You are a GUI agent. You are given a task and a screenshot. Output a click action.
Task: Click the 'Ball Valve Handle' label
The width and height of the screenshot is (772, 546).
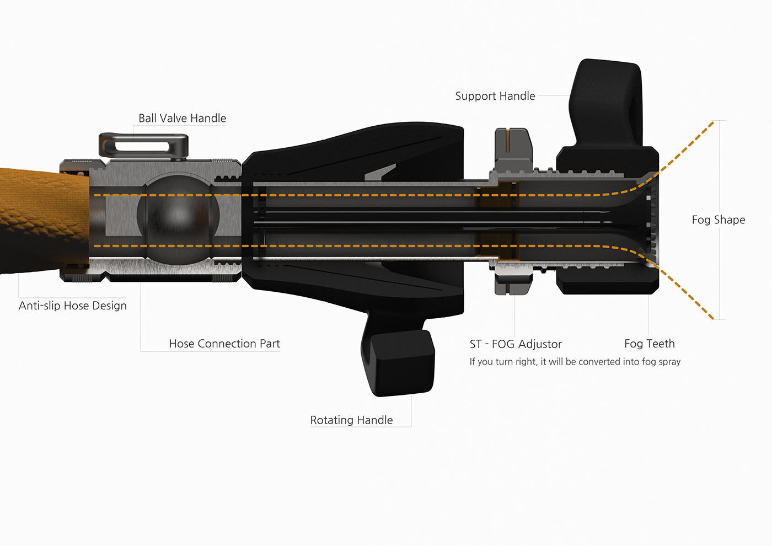[182, 118]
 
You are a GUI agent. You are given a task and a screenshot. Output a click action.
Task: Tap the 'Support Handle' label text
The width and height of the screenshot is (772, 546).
[495, 96]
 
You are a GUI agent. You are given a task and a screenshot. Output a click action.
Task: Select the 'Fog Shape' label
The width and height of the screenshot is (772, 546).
[718, 220]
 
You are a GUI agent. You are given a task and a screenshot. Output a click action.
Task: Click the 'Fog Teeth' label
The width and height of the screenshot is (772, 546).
[649, 344]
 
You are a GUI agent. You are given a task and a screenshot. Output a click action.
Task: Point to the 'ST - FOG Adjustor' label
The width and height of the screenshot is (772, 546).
[516, 344]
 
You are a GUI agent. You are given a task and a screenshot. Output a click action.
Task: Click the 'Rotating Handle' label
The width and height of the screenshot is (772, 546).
[351, 420]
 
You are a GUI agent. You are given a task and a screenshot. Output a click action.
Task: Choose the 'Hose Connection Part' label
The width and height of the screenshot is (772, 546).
[224, 344]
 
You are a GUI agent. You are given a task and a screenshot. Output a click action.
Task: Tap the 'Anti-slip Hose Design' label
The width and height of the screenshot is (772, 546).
[72, 306]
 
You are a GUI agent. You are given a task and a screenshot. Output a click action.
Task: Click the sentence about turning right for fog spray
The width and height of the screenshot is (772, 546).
[575, 362]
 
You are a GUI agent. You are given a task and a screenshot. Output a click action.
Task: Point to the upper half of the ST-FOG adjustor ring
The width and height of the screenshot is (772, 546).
[512, 149]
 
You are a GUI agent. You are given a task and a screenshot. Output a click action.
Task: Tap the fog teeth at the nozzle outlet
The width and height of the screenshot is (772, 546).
[652, 221]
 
